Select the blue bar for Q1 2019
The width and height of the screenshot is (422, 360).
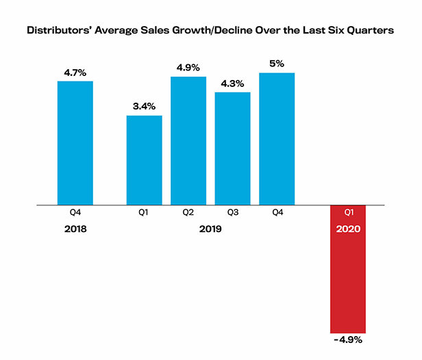144,160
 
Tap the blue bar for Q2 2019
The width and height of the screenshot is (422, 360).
188,140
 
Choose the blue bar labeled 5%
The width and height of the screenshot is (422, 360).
277,138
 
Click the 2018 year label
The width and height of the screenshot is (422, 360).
75,230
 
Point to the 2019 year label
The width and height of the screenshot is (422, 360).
210,230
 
